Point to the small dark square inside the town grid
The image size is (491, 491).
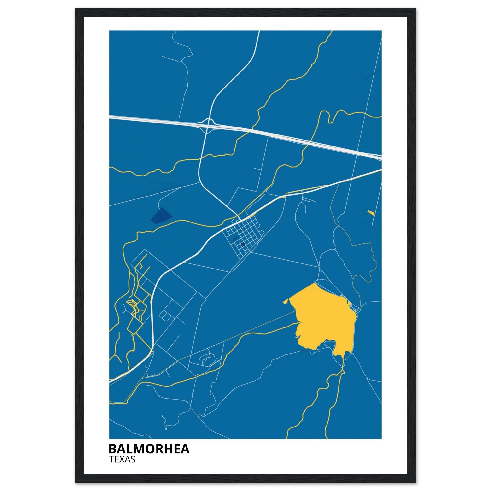coord(243,245)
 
